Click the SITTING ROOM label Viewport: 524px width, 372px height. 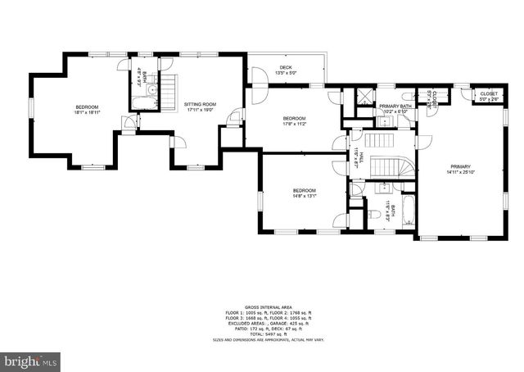[199, 104]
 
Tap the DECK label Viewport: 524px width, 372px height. [286, 67]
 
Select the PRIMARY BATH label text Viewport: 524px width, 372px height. [395, 107]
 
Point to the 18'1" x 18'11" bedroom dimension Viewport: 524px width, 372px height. [88, 113]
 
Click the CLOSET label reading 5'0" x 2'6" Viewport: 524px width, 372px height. [489, 94]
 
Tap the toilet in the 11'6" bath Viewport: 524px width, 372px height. [373, 215]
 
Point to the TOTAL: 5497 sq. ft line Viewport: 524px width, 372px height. [262, 334]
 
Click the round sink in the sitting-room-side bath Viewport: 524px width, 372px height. [140, 88]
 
